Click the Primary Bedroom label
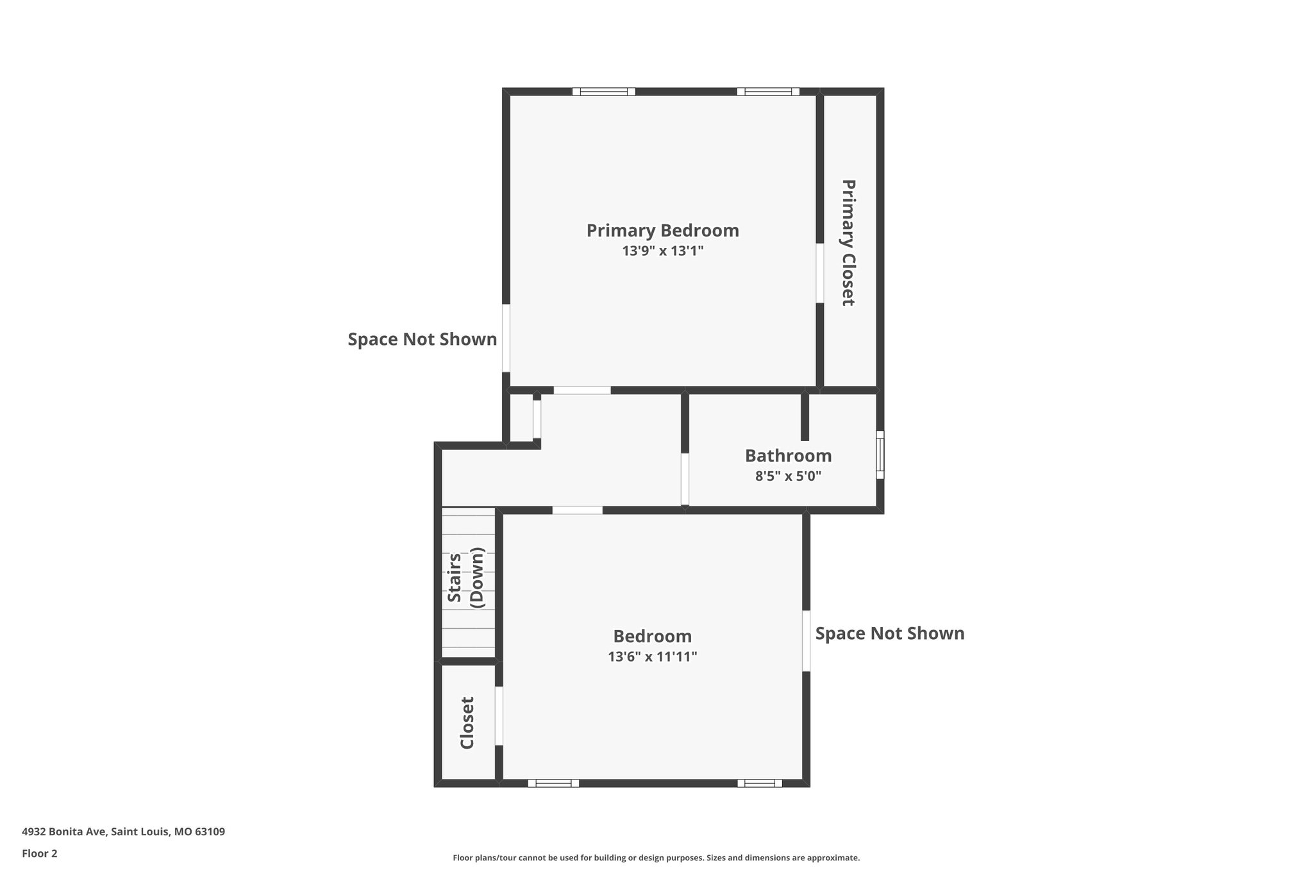662,230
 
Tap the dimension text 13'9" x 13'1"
662,251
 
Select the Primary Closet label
848,242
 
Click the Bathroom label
788,456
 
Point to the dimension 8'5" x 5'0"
788,476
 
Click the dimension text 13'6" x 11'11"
652,656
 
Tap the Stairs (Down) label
467,577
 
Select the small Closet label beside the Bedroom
467,722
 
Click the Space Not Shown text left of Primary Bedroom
422,339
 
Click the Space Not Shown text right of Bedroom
889,633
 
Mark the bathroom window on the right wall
880,454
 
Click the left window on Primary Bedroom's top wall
603,92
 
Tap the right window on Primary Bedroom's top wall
767,92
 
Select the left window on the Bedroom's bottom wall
553,783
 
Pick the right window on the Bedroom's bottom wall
759,783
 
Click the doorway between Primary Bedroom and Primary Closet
819,273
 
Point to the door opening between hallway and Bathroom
685,479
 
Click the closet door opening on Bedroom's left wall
499,716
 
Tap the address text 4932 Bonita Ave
123,832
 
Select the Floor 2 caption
40,853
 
